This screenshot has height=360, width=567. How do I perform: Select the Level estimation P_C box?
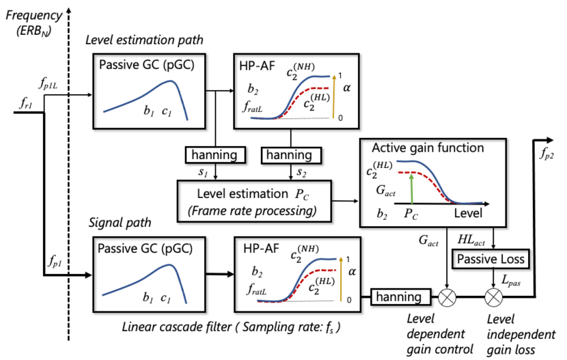click(x=254, y=199)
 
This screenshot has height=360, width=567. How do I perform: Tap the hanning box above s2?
click(x=290, y=156)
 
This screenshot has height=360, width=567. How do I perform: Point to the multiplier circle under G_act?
click(x=447, y=297)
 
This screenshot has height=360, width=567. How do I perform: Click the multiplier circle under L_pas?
click(x=493, y=297)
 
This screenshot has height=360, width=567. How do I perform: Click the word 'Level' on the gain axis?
click(x=470, y=213)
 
